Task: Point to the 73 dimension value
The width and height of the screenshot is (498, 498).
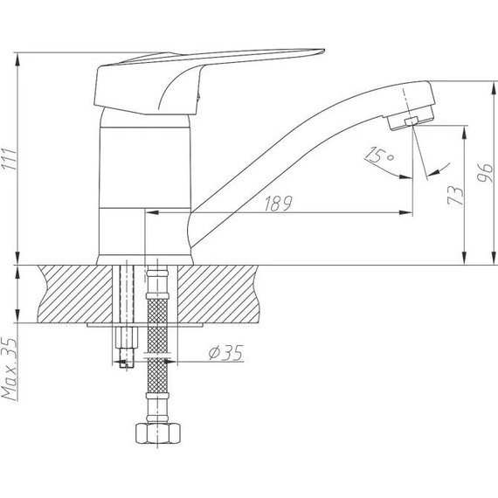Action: coord(453,195)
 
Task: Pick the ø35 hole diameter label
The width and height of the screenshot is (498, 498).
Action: coord(225,352)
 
